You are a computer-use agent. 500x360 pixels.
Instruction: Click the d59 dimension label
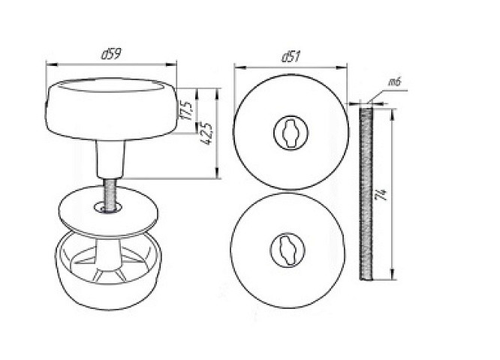111,54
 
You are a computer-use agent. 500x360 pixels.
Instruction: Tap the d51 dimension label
291,57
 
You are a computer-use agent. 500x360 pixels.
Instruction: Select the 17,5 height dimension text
187,110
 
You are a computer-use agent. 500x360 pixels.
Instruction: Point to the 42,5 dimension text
208,133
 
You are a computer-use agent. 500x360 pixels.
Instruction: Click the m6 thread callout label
394,82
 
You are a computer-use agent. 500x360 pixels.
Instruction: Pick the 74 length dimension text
382,195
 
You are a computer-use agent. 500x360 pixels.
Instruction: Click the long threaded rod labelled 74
366,194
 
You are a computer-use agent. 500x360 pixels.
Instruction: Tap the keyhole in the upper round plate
291,133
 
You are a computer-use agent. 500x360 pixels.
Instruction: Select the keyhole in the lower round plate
287,250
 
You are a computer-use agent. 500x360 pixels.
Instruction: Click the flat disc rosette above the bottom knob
108,211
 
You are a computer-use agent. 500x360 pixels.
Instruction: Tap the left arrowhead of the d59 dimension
51,64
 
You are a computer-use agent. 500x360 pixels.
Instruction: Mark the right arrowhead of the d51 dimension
342,67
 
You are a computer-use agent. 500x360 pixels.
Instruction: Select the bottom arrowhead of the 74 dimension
392,274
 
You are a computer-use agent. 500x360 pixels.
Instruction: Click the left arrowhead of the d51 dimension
239,67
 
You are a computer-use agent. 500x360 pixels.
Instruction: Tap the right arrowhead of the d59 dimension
171,64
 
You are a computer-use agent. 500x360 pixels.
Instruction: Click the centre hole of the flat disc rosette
108,208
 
